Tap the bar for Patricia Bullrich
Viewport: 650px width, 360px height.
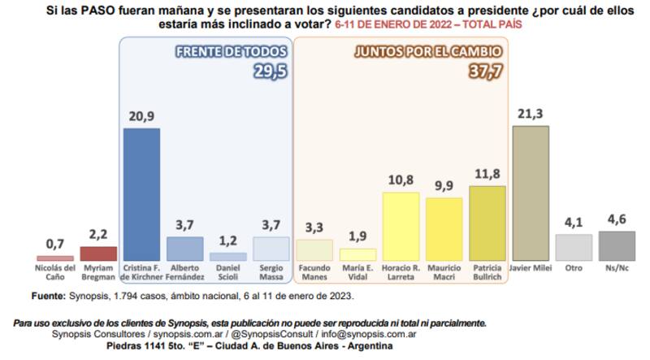pos(487,222)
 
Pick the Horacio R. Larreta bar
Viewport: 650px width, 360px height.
pos(400,226)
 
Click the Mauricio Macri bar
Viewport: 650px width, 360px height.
pos(444,228)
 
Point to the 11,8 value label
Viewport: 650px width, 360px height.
pos(487,175)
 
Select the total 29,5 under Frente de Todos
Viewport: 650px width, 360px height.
pos(266,72)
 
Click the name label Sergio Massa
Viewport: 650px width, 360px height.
pos(271,271)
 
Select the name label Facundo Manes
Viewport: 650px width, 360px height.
pos(314,271)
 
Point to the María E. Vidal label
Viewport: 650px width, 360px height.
pos(357,271)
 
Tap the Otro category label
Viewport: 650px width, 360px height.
pos(574,267)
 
